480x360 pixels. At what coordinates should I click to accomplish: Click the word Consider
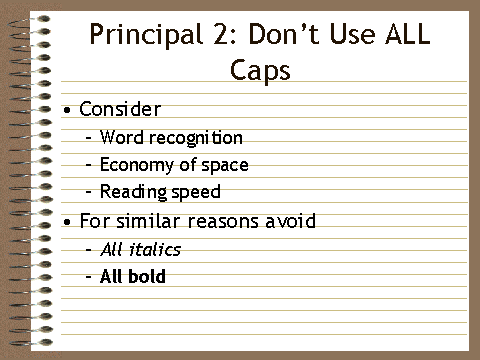[119, 109]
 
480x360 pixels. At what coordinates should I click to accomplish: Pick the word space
[226, 166]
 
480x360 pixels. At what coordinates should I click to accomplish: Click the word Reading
[131, 192]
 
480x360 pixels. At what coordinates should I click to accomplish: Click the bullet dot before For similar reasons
[66, 221]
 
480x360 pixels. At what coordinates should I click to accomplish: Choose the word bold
[146, 276]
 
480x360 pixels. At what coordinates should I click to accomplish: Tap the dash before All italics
[89, 250]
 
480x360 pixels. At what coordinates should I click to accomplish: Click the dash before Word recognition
[89, 138]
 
